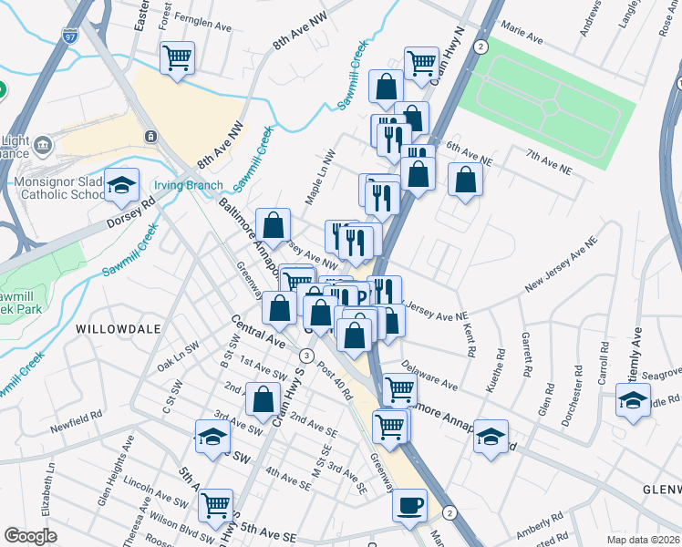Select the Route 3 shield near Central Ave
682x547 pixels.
click(308, 356)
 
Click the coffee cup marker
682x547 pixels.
click(410, 504)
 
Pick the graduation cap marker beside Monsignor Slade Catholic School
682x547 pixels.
click(121, 186)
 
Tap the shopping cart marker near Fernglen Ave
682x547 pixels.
click(177, 58)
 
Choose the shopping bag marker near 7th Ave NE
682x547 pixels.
click(465, 181)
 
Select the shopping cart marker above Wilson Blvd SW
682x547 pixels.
click(216, 505)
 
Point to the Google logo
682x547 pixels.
click(31, 536)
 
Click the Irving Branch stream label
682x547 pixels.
click(188, 185)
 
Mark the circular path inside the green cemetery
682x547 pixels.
click(551, 106)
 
